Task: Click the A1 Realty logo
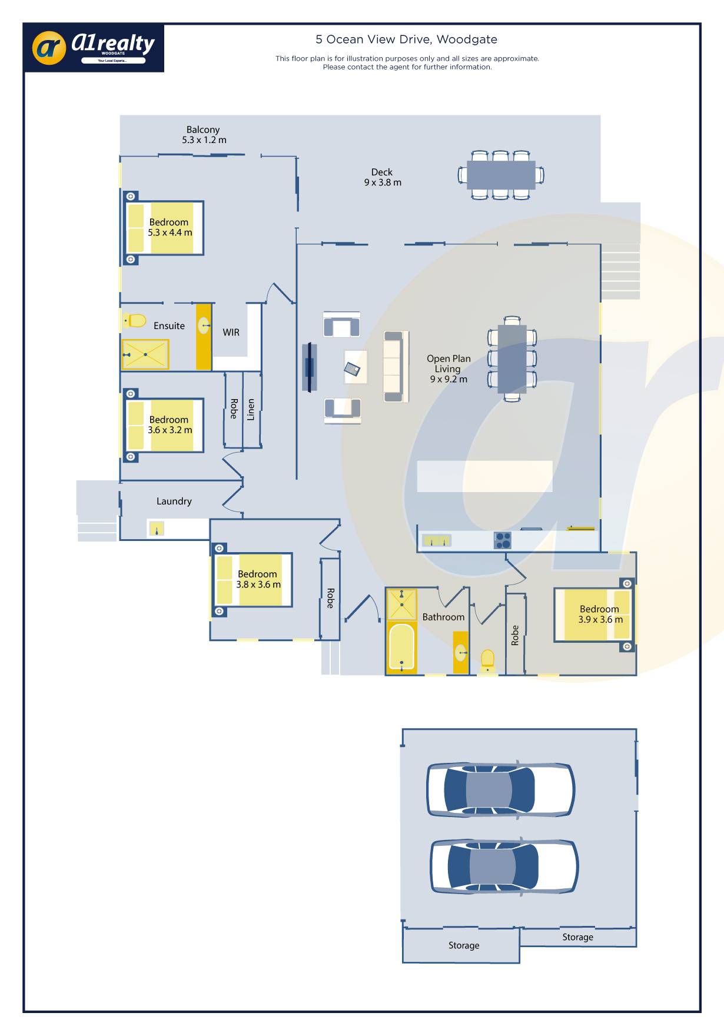94,48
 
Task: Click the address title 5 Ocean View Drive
406,39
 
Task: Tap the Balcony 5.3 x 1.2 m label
204,135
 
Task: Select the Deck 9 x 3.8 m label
383,177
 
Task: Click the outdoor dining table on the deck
501,175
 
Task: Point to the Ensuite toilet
135,321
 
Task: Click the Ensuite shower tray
145,354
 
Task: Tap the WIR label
231,333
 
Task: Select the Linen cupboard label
251,409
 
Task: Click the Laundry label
174,501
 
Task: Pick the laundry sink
156,529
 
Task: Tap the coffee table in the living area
356,367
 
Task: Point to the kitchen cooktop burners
503,540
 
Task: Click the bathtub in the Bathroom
401,647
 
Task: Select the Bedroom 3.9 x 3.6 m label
600,614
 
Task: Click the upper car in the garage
501,790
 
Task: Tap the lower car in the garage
504,866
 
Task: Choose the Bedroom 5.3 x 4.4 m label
170,227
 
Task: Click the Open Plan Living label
449,368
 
